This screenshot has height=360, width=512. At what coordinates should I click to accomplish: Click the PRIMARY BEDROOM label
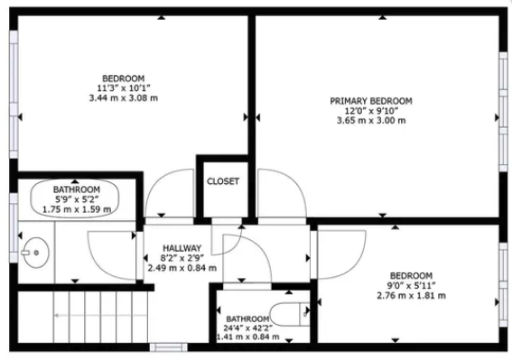371,100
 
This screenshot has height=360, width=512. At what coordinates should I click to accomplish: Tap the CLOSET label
223,181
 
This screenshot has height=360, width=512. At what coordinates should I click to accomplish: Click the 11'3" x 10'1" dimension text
124,88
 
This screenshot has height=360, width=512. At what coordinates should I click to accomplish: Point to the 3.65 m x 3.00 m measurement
371,121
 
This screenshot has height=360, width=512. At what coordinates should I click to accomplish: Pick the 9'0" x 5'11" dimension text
411,285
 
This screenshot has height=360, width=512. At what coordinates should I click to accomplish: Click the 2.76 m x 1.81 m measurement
411,295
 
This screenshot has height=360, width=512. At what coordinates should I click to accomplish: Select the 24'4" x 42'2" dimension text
247,328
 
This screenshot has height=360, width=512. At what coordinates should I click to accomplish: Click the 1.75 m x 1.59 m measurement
77,209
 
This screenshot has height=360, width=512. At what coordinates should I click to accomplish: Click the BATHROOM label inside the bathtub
77,189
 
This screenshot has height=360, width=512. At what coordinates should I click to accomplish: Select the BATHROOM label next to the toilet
247,318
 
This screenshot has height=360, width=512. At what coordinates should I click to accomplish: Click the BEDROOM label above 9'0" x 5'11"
411,275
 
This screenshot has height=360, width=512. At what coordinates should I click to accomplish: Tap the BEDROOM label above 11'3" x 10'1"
124,78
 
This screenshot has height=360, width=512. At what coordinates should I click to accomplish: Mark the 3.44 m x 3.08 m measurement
124,97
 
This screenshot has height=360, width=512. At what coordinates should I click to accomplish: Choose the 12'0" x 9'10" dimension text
371,111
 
